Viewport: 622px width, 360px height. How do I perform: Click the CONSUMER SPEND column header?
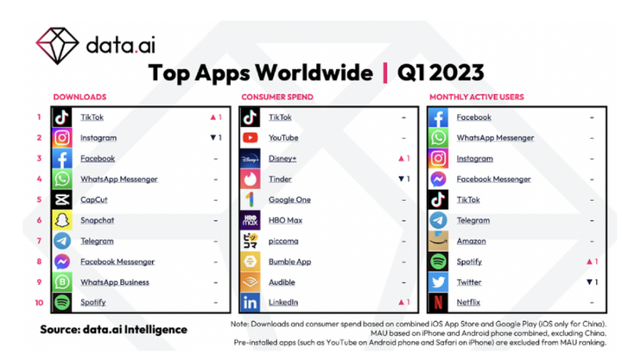coord(276,97)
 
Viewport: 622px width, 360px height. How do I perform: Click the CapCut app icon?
coord(62,199)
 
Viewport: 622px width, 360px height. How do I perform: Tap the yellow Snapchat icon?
coord(62,220)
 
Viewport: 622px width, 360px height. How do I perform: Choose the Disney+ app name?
coord(283,158)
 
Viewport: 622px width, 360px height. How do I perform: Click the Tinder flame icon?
coord(250,179)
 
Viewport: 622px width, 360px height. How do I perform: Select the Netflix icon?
coord(439,303)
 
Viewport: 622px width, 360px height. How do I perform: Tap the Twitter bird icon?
coord(439,282)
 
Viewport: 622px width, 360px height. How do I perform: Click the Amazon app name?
coord(471,241)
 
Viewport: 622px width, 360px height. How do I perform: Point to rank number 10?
coord(39,303)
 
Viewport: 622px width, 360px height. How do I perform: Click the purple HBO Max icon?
coord(250,220)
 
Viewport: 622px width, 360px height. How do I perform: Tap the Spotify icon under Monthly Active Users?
coord(439,262)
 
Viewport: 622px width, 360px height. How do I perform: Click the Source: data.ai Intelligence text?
coord(112,329)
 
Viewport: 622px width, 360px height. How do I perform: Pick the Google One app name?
coord(289,199)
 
